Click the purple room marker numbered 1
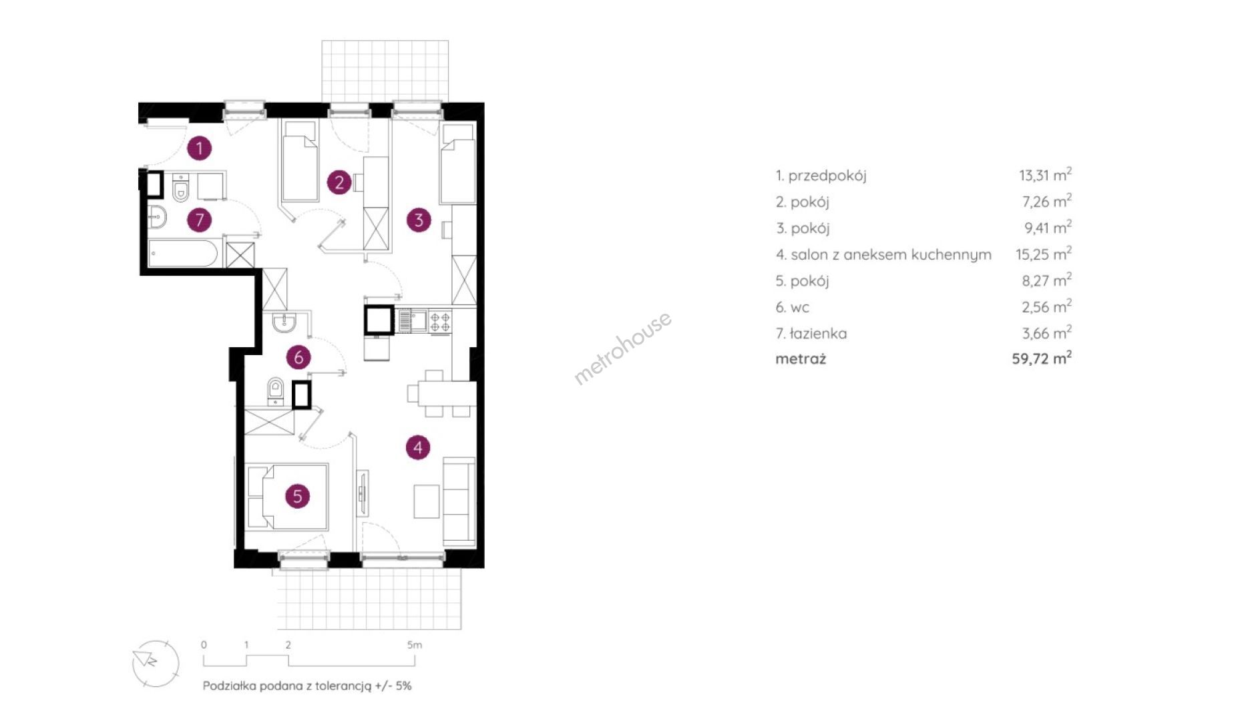(x=199, y=148)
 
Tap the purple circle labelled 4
(x=418, y=447)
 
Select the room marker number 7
(x=199, y=220)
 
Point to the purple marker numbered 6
(x=298, y=357)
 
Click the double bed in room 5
(x=287, y=497)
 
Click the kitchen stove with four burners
(x=439, y=321)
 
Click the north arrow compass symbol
(x=155, y=663)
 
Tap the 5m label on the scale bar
(x=415, y=645)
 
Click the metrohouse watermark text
(x=622, y=348)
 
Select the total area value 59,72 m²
(x=1041, y=358)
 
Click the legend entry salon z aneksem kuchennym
(x=883, y=254)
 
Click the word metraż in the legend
(x=801, y=358)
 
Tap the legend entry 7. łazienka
(x=811, y=333)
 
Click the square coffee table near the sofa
(x=427, y=501)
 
